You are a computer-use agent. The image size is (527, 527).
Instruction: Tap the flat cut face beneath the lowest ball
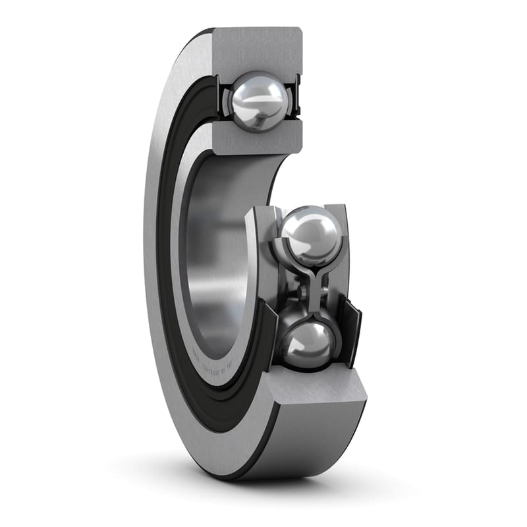click(x=316, y=389)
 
